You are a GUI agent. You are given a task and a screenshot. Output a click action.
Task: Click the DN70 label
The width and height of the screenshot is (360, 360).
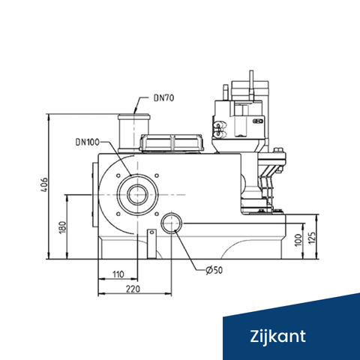point(163,97)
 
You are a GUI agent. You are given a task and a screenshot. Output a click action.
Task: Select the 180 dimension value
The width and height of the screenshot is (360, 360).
point(62,226)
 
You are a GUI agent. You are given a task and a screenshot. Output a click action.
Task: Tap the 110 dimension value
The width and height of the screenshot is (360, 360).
point(118,274)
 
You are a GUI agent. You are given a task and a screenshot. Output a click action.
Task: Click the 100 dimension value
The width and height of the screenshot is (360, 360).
point(298,239)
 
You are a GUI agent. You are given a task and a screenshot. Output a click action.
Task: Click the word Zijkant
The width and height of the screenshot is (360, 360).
point(278,334)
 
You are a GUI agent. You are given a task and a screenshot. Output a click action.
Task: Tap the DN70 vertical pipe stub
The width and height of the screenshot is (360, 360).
point(136,124)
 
